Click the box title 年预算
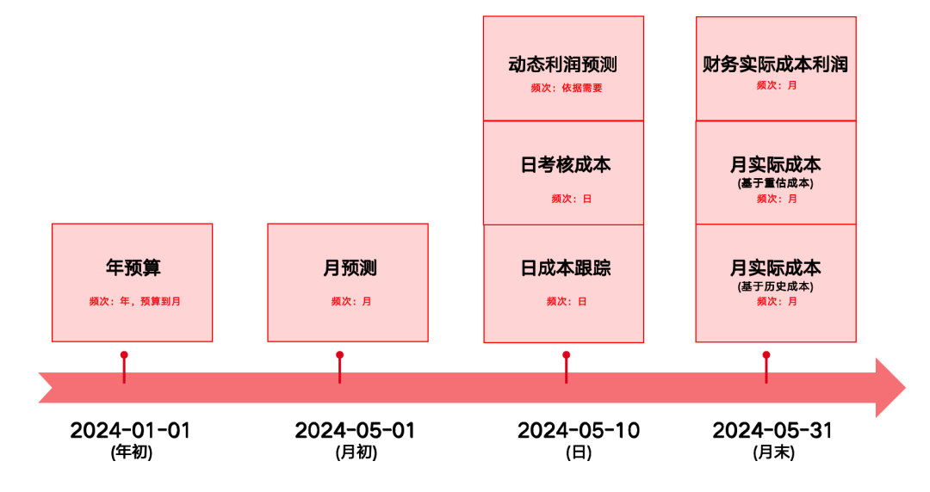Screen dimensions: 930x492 133,268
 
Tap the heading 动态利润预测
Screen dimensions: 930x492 563,65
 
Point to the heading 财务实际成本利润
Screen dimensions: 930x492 775,65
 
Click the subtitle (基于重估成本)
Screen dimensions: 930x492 776,183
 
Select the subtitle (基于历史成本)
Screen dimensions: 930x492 776,286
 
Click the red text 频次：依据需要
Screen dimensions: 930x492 567,88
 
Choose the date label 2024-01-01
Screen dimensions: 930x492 130,430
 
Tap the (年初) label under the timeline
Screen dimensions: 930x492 132,452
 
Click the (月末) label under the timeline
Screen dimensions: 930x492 773,452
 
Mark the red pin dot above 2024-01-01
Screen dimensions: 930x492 124,354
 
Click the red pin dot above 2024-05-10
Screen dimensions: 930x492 566,354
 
